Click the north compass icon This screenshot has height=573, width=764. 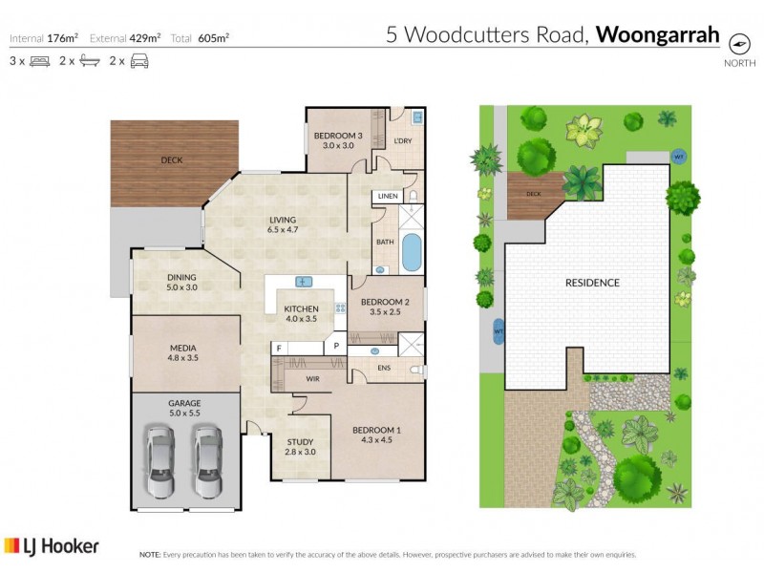point(738,43)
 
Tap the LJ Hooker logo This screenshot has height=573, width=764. point(52,546)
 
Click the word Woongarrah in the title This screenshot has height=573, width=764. point(658,35)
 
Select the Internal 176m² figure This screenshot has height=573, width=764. point(44,38)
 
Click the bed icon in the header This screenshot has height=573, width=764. point(39,61)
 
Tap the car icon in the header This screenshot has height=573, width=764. point(139,61)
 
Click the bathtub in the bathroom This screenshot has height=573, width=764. point(411,252)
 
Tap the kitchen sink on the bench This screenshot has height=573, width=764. point(304,282)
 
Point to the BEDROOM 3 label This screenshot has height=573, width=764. point(338,136)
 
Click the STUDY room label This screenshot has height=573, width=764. point(300,441)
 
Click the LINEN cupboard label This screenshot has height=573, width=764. point(387,196)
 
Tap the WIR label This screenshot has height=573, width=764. point(311,379)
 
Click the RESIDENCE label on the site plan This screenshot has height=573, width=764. point(592,283)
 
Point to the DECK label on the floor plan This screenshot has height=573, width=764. point(171,160)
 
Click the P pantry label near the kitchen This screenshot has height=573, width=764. point(336,348)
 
